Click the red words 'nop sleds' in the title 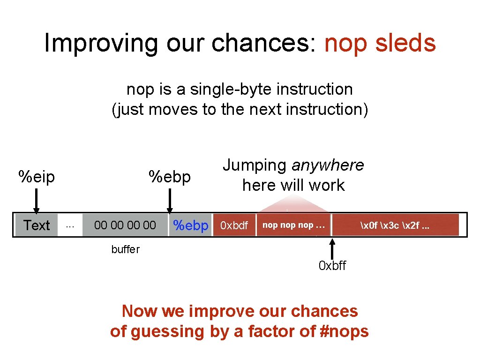click(x=380, y=43)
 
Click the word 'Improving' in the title click(x=101, y=43)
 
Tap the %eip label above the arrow click(x=37, y=177)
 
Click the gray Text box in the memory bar click(x=37, y=225)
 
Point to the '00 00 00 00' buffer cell click(x=125, y=225)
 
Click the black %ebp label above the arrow click(x=170, y=177)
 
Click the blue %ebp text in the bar click(x=190, y=225)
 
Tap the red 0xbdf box click(x=234, y=225)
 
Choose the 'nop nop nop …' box click(x=293, y=225)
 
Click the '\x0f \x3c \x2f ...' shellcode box click(x=395, y=225)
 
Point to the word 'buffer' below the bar click(x=125, y=249)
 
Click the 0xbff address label click(x=332, y=266)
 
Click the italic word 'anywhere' click(x=328, y=165)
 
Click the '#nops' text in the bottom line click(x=345, y=331)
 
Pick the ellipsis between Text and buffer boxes click(x=70, y=225)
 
